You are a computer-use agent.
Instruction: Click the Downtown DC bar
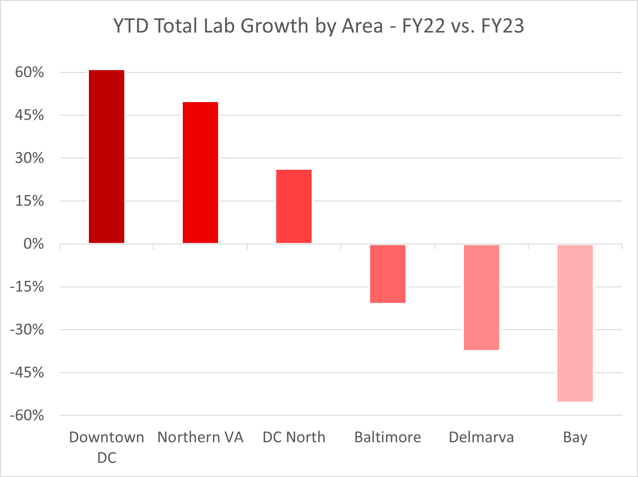coord(106,157)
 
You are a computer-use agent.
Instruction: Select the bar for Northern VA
coord(200,173)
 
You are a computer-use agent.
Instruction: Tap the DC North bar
coord(294,206)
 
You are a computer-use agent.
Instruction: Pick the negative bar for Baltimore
coord(388,274)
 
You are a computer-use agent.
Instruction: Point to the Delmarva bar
coord(481,297)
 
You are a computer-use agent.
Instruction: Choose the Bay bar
coord(575,323)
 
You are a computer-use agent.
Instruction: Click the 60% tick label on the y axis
coord(30,73)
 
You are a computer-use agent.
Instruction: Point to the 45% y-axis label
coord(30,115)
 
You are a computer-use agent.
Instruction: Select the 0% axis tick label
coord(34,244)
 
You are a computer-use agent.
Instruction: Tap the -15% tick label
coord(27,287)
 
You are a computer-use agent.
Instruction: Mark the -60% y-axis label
coord(27,415)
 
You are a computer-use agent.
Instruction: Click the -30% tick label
coord(27,330)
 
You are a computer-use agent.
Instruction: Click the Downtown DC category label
coord(107,447)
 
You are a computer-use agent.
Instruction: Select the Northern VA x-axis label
coord(200,437)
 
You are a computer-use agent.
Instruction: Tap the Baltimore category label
coord(388,437)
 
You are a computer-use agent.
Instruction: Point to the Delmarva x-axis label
coord(481,437)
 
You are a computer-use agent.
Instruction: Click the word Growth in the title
coord(274,26)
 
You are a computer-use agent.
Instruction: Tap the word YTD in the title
coord(131,26)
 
